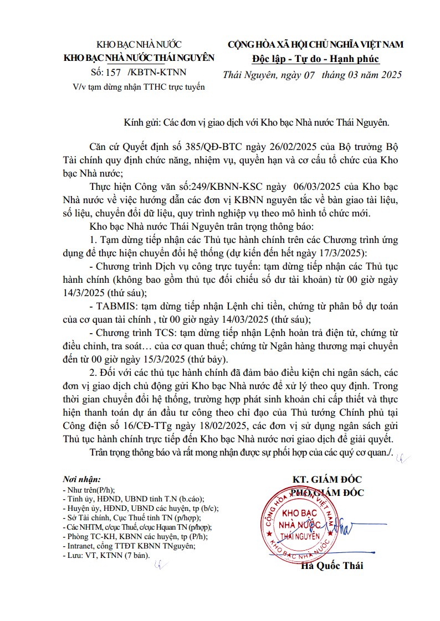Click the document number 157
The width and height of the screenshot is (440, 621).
pyautogui.click(x=114, y=72)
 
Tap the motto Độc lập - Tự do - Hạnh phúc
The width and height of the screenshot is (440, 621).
pyautogui.click(x=315, y=59)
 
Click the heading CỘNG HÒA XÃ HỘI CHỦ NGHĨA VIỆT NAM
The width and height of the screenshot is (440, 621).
pyautogui.click(x=315, y=45)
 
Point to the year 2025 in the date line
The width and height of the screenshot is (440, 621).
pyautogui.click(x=390, y=74)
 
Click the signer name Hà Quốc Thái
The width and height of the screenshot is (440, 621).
pyautogui.click(x=332, y=566)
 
